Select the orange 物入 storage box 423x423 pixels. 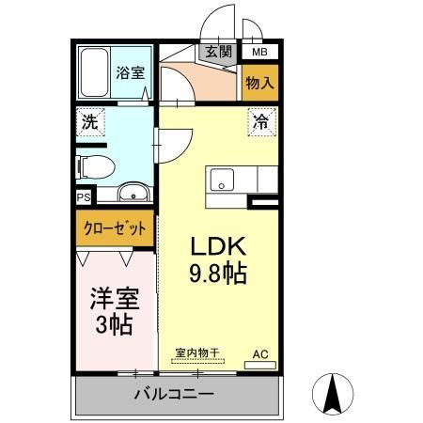(x=259, y=83)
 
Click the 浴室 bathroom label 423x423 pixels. (x=129, y=71)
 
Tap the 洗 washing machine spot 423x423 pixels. (x=89, y=121)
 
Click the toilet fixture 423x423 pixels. (x=94, y=166)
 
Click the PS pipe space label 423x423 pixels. (x=83, y=198)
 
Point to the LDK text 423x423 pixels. (x=219, y=247)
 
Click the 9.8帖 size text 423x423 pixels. (x=219, y=275)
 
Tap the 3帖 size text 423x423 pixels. (x=113, y=326)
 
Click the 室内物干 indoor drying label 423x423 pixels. (x=197, y=353)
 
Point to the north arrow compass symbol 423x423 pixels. (x=332, y=393)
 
